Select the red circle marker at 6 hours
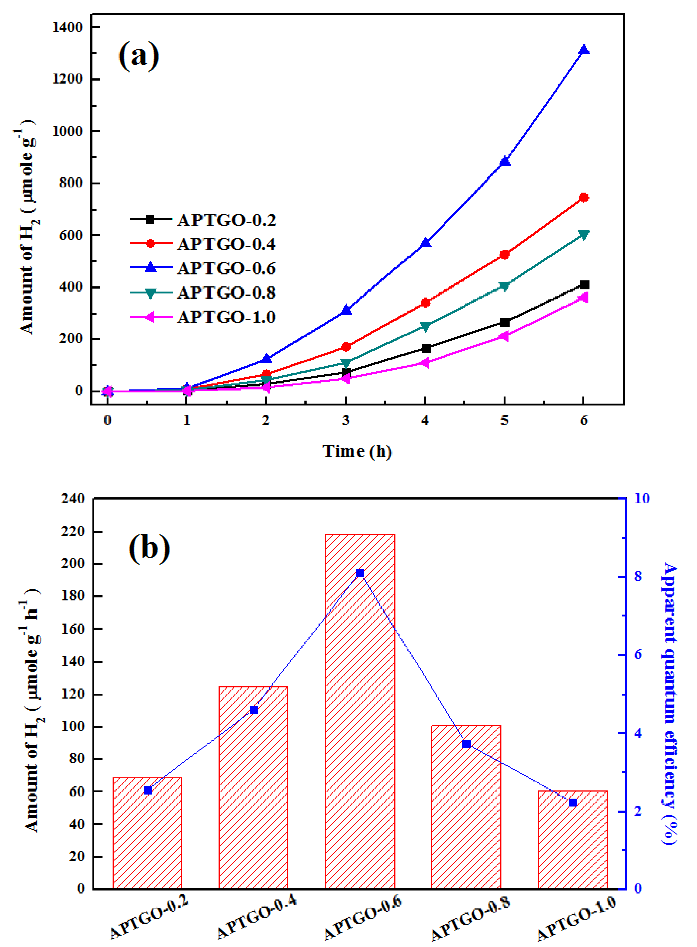584,197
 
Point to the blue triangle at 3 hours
346,310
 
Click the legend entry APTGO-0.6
227,268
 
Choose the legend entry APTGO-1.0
227,317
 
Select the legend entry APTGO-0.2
227,220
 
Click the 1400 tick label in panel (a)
68,27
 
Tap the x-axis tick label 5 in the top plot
505,420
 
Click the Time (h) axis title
357,451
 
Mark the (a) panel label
139,56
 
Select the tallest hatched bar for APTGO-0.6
360,712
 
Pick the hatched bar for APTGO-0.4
254,788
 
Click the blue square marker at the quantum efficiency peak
360,573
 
